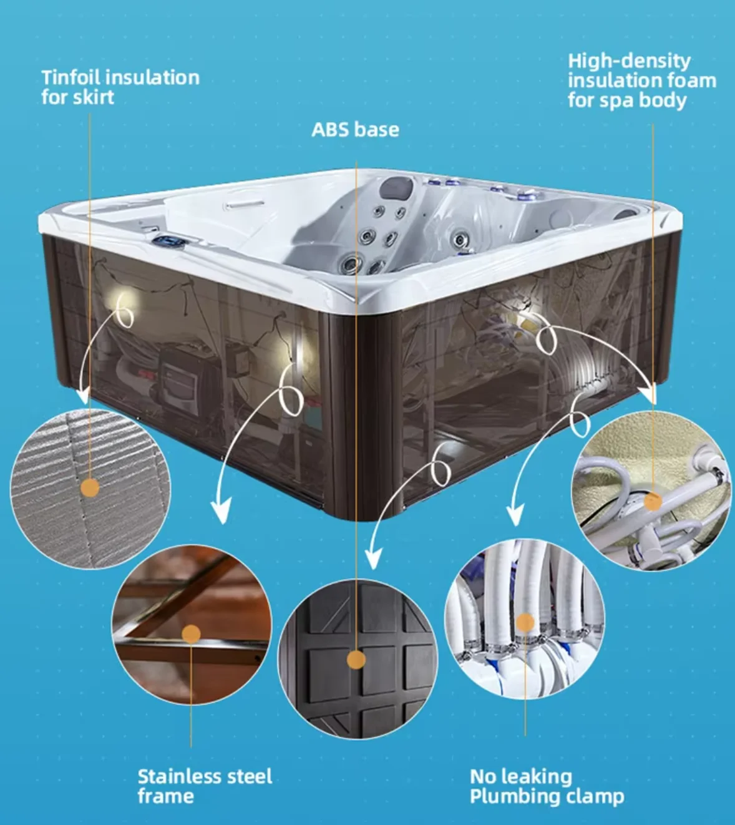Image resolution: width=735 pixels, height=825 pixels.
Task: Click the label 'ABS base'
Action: pyautogui.click(x=355, y=130)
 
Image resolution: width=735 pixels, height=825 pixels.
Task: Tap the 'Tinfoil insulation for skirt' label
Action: pyautogui.click(x=120, y=87)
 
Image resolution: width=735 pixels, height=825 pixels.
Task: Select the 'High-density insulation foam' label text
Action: pyautogui.click(x=641, y=80)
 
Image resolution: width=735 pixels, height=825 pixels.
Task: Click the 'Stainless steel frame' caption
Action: pyautogui.click(x=205, y=786)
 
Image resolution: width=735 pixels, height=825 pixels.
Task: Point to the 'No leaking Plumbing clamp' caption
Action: pyautogui.click(x=547, y=786)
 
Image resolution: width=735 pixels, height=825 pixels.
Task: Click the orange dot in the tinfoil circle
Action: pyautogui.click(x=90, y=488)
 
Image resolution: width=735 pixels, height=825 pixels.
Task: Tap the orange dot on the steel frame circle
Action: pyautogui.click(x=191, y=635)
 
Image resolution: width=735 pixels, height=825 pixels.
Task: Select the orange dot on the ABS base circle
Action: pyautogui.click(x=356, y=660)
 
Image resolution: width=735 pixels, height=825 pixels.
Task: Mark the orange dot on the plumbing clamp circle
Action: pyautogui.click(x=525, y=622)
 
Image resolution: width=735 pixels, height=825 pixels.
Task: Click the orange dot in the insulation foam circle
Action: pyautogui.click(x=653, y=502)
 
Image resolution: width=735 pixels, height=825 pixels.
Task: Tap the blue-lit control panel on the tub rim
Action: pyautogui.click(x=169, y=240)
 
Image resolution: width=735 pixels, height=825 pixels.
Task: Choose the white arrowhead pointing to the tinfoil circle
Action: pyautogui.click(x=83, y=397)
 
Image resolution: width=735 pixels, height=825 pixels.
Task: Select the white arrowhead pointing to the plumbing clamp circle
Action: pyautogui.click(x=514, y=517)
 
